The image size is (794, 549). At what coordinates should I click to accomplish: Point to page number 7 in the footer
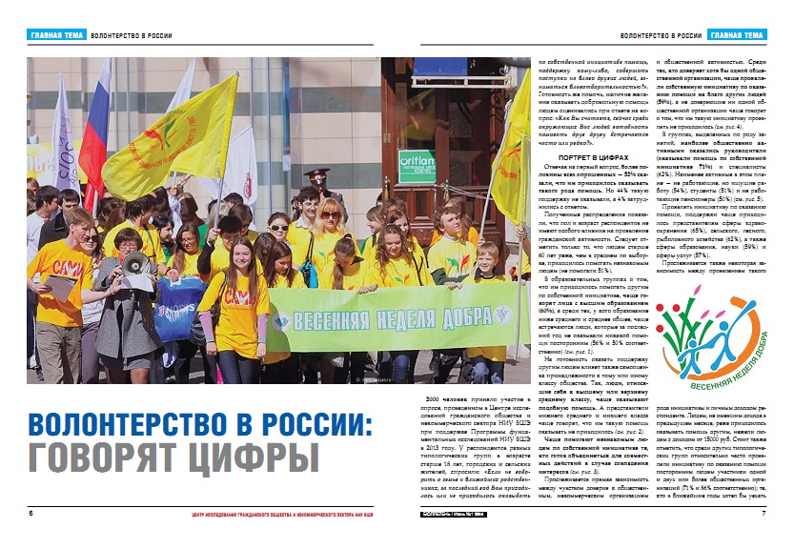(x=763, y=514)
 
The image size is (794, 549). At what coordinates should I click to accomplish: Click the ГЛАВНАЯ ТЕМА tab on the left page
(x=55, y=36)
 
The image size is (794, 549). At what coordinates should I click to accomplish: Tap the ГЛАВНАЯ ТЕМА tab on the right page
(x=737, y=36)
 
